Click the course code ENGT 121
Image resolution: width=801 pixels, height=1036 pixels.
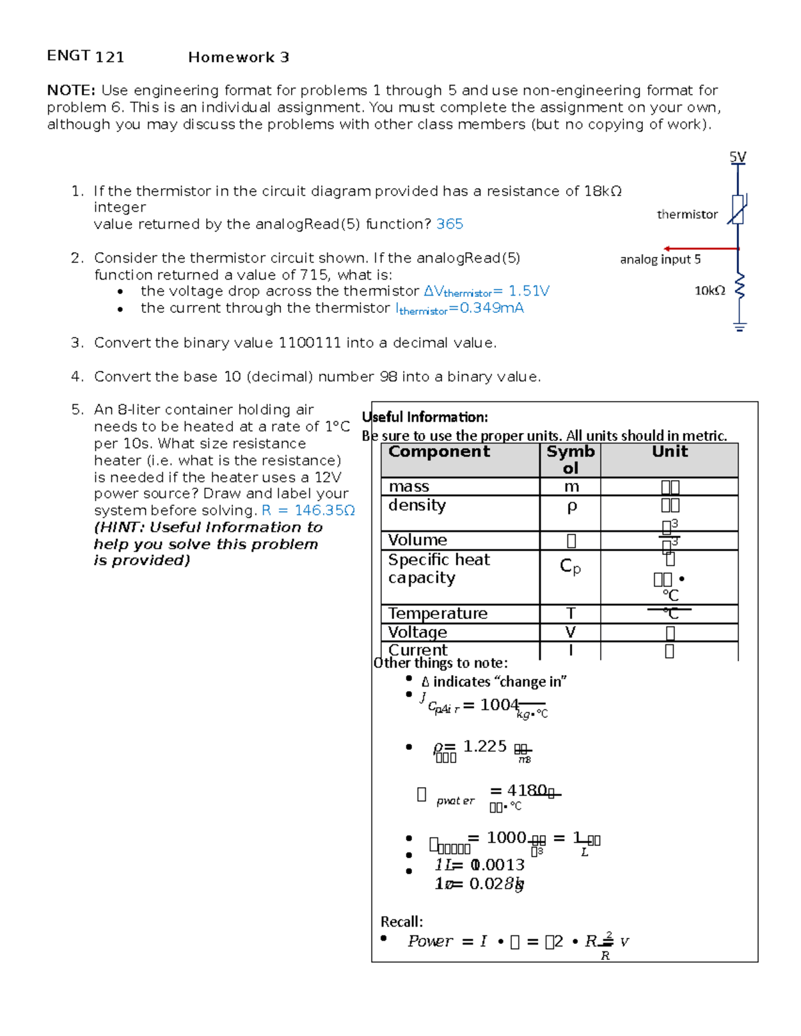click(x=85, y=57)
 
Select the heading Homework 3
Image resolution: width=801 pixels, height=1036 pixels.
click(x=238, y=57)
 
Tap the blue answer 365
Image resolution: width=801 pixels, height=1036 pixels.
click(x=449, y=224)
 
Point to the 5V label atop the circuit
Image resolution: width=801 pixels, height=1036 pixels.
click(x=738, y=157)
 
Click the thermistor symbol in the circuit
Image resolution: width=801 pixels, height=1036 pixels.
click(x=738, y=209)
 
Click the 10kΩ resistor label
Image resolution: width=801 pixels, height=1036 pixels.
click(x=710, y=290)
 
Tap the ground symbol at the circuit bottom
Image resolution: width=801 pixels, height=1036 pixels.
click(x=739, y=326)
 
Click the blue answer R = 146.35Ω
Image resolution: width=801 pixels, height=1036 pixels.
click(x=308, y=510)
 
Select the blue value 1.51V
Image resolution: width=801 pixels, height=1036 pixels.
click(x=529, y=292)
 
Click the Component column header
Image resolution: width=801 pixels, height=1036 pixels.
click(x=439, y=452)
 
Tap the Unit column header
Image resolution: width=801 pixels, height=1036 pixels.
click(x=670, y=452)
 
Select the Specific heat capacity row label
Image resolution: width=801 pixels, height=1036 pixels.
click(x=439, y=568)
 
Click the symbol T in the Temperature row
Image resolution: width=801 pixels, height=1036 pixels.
click(x=570, y=613)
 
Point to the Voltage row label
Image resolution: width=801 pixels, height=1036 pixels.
click(x=418, y=632)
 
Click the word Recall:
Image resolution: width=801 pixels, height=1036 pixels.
click(x=402, y=922)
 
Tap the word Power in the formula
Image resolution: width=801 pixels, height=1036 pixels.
click(x=431, y=941)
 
